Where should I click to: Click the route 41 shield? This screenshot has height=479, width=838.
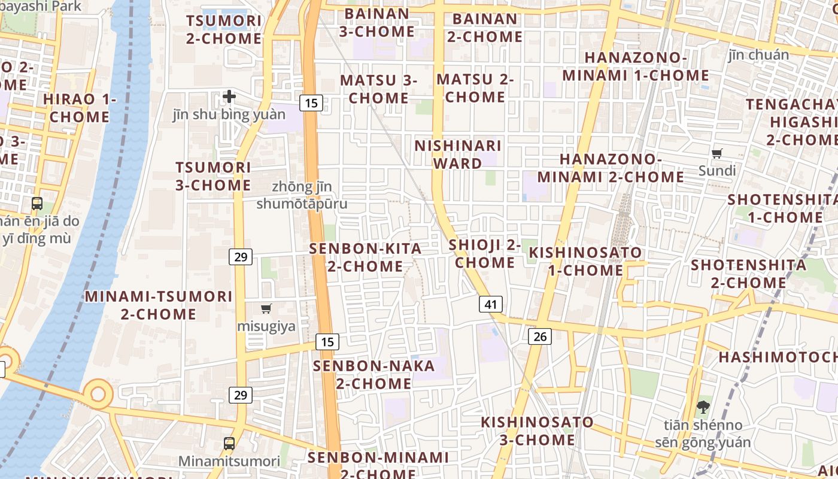point(491,304)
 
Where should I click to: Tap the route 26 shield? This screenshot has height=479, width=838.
point(540,336)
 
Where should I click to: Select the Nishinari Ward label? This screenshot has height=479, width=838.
point(458,154)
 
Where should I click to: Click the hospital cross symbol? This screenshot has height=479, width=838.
point(229,96)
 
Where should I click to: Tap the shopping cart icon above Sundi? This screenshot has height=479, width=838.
point(717,153)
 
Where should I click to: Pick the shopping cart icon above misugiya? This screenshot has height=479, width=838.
point(266,308)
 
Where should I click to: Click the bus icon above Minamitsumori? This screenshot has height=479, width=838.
point(229,443)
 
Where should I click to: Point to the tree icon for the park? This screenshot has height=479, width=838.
point(703,407)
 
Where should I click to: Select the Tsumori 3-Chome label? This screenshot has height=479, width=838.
point(213,176)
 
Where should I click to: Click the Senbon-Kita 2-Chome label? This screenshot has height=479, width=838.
point(365,257)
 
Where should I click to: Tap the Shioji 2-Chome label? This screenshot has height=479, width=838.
point(485,253)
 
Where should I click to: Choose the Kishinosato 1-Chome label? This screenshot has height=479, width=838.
point(585,261)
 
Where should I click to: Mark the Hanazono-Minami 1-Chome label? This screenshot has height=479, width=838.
point(636,66)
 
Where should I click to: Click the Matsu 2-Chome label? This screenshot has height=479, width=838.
point(475,88)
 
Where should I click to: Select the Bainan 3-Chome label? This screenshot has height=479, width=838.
point(377,22)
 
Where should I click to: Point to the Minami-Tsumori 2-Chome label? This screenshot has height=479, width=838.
point(159,305)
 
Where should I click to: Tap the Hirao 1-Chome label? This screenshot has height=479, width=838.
point(80,108)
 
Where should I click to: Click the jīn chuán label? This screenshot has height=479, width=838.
point(759,55)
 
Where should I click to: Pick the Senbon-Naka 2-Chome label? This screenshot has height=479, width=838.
point(374,374)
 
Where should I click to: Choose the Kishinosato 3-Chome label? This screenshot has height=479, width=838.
point(538,431)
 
